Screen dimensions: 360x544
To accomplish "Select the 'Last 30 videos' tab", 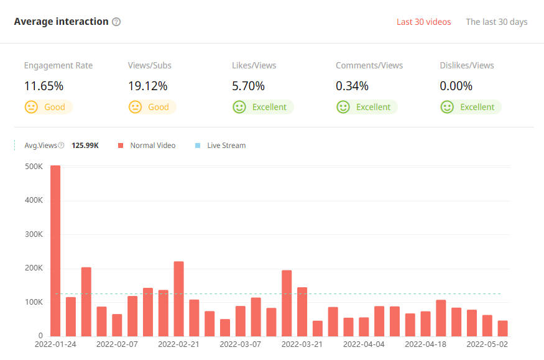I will [423, 22].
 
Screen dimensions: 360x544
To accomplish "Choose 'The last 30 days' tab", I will [496, 22].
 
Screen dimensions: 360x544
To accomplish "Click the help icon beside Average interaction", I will [116, 22].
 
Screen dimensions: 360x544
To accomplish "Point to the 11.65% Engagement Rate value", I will [44, 86].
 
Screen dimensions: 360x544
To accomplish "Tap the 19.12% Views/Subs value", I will [147, 86].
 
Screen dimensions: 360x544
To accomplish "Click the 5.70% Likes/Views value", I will [248, 86].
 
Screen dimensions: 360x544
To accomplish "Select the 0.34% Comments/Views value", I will [352, 86].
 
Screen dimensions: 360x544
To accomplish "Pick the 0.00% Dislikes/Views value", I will [456, 86].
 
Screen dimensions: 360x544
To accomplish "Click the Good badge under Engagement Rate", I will [48, 107].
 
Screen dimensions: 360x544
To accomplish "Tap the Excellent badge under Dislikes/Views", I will [471, 107].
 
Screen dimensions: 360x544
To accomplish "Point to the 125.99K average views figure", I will [85, 145].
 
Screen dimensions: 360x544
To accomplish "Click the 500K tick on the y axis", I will [33, 167].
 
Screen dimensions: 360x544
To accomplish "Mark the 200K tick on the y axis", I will [33, 268].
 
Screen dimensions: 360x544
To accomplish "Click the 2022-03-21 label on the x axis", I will [302, 343].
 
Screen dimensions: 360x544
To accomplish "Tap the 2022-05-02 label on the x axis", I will [487, 343].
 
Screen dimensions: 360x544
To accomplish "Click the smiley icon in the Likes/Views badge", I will [239, 107].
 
